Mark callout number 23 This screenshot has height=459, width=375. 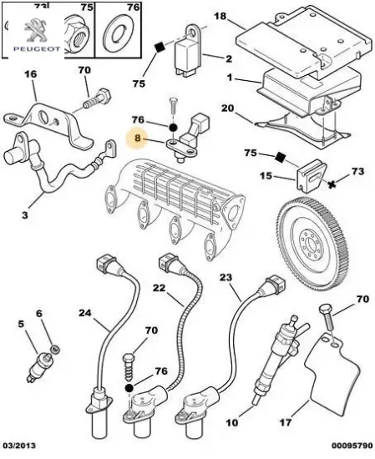point(226,277)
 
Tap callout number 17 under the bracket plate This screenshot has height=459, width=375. point(285,421)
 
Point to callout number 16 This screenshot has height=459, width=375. point(30,74)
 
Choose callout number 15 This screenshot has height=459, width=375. point(264,175)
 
